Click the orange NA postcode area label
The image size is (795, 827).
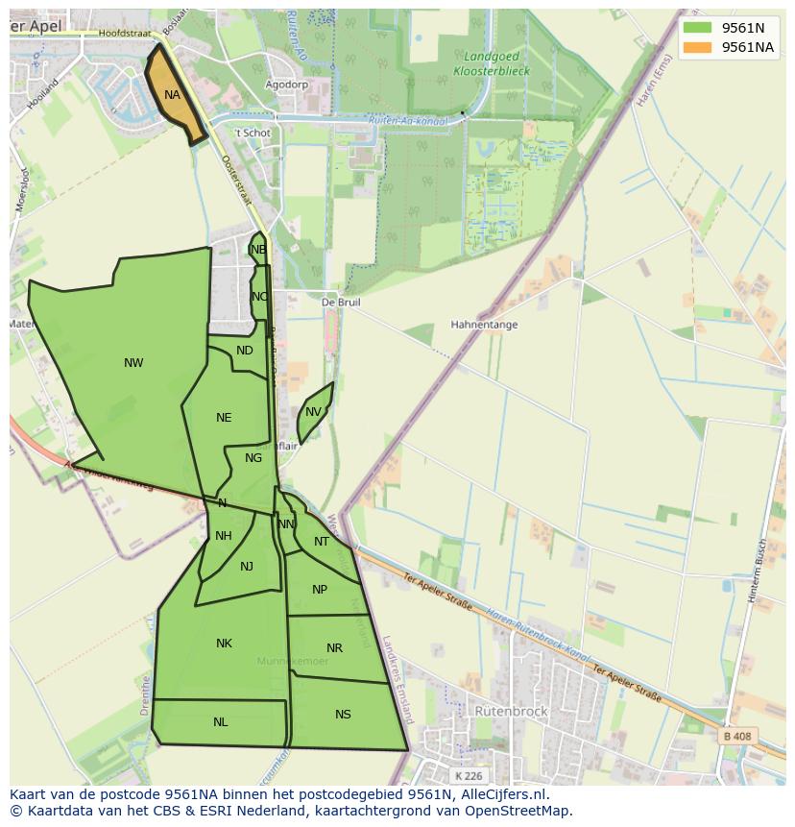[x=172, y=95]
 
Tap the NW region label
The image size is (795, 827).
[x=133, y=363]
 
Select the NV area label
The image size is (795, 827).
[x=313, y=412]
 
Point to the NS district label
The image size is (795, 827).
[x=343, y=715]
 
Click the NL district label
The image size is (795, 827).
[x=221, y=722]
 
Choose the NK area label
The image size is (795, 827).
[x=224, y=644]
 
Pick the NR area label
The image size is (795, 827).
[x=334, y=648]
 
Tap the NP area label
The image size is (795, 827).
[x=320, y=590]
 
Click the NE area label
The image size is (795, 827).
[x=224, y=418]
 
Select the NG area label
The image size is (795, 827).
[x=253, y=458]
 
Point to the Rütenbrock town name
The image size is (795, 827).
[x=511, y=712]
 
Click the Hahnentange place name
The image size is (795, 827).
[x=484, y=325]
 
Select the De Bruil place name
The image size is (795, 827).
[x=340, y=302]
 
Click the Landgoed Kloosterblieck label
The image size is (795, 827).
[x=491, y=63]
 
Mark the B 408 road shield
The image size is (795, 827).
[x=736, y=737]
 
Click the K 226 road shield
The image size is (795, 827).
[x=470, y=776]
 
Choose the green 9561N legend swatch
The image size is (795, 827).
[x=697, y=28]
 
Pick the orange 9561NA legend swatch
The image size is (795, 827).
[x=697, y=47]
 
